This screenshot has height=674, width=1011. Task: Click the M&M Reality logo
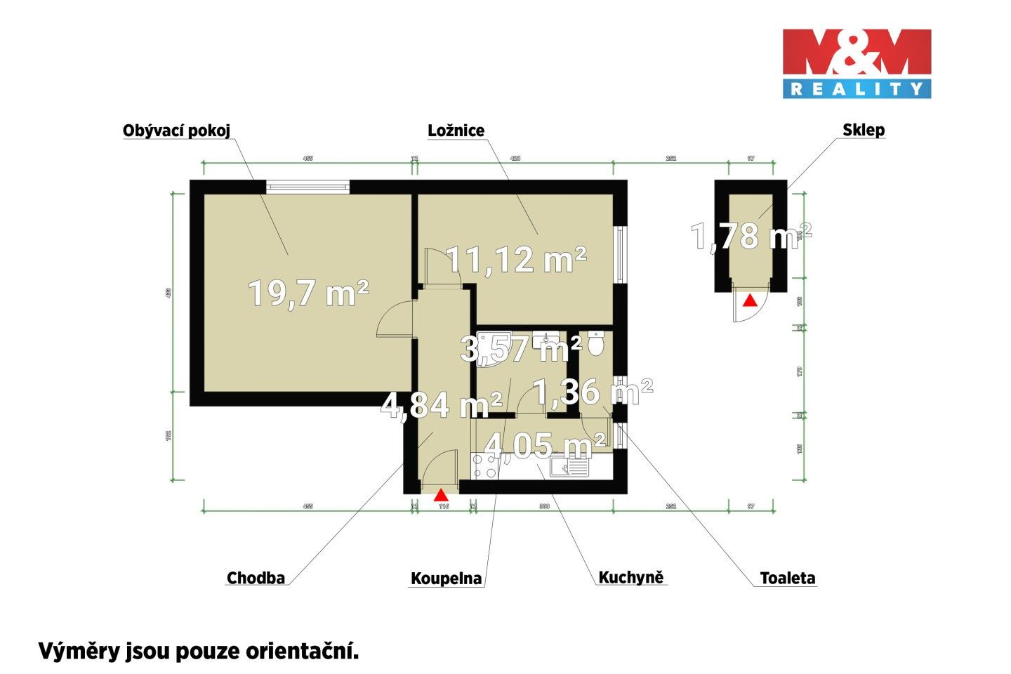[857, 62]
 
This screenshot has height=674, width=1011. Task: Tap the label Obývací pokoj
[176, 131]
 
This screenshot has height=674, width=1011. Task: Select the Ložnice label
[456, 131]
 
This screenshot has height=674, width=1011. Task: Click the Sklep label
[864, 130]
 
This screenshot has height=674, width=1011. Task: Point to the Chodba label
[256, 578]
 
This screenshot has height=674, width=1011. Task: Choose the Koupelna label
[447, 579]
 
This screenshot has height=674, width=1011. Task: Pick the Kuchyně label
[630, 577]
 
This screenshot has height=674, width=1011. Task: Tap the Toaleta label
[788, 578]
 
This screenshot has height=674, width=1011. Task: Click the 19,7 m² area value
[309, 293]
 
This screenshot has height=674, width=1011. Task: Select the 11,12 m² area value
[517, 260]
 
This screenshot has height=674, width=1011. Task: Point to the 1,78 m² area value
[751, 236]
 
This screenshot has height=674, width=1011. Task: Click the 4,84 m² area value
[441, 405]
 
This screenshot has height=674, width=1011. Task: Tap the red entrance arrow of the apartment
[440, 494]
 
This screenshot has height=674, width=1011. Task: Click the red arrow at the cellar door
[750, 300]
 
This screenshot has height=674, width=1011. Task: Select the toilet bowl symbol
[596, 343]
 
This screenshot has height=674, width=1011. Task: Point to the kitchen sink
[571, 467]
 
